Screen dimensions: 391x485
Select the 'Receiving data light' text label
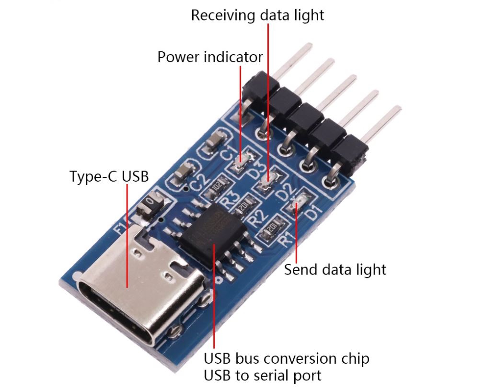(x=257, y=15)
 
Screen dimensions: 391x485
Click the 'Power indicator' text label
(x=210, y=57)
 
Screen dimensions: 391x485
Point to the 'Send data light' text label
(x=335, y=269)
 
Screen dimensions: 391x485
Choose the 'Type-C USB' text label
(x=109, y=176)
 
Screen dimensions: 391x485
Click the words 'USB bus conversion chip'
(x=287, y=358)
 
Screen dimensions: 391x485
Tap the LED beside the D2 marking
(x=268, y=181)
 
